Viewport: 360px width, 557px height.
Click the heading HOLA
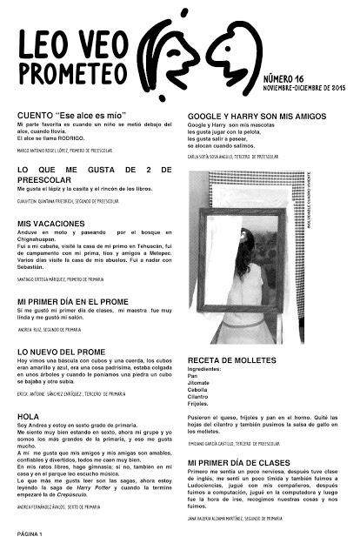[x=29, y=417]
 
